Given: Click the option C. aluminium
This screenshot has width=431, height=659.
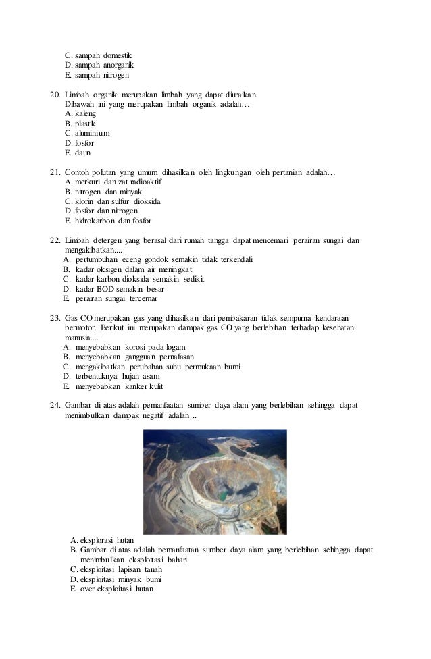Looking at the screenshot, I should point(88,134).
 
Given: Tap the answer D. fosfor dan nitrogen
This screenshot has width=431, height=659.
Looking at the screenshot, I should point(101,211).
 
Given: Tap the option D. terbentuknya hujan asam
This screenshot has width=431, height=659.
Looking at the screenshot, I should point(111,376).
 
